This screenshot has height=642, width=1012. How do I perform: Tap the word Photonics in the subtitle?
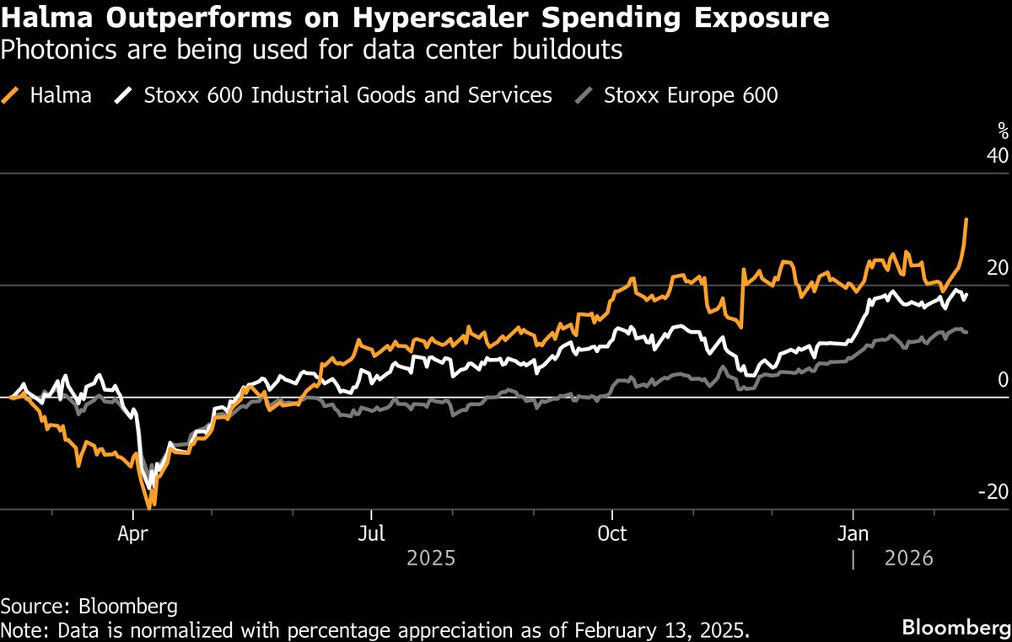tap(53, 51)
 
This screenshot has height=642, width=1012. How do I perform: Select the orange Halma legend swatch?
tap(12, 94)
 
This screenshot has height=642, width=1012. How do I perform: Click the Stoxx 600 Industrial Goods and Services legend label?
tap(347, 94)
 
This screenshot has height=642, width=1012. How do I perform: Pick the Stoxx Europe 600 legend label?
tap(691, 94)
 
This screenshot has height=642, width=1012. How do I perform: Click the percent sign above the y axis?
tap(1003, 130)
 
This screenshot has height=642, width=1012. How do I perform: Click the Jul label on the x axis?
tap(371, 533)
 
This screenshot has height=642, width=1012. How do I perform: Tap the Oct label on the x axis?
tap(611, 533)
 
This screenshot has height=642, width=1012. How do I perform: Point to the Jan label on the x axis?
tap(853, 533)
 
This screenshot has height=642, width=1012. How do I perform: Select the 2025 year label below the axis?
tap(431, 558)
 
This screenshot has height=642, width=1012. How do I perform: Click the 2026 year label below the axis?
tap(909, 558)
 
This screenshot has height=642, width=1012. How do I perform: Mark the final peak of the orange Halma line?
tap(966, 220)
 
